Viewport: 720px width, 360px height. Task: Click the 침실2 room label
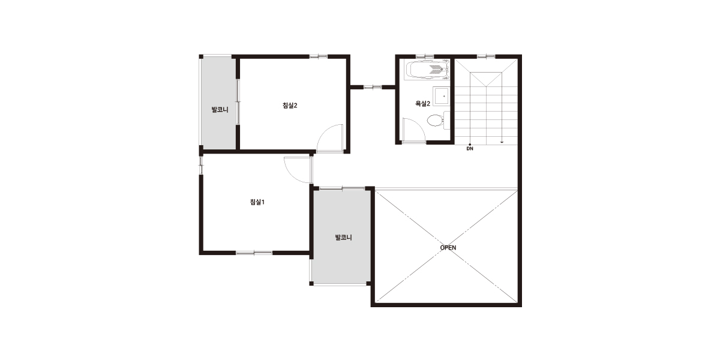[x=290, y=106]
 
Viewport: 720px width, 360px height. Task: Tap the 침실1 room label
[x=257, y=202]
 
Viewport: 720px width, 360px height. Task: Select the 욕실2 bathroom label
[x=422, y=103]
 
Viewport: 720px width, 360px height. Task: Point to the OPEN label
[x=448, y=248]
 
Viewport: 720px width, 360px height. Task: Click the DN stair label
[x=470, y=149]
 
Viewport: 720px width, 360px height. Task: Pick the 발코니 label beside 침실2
[x=220, y=110]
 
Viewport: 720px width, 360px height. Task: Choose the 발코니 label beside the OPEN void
[x=344, y=238]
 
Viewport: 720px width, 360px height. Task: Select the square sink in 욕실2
[x=441, y=95]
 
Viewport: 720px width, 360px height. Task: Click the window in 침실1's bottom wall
[x=254, y=253]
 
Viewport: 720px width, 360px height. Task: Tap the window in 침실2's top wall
[x=319, y=56]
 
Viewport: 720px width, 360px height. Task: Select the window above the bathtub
[x=425, y=56]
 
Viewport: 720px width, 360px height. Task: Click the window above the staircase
[x=486, y=56]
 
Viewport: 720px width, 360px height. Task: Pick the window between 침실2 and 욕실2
[x=373, y=87]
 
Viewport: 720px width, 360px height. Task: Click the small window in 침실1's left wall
[x=201, y=165]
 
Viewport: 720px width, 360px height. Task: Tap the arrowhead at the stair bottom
[x=502, y=142]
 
